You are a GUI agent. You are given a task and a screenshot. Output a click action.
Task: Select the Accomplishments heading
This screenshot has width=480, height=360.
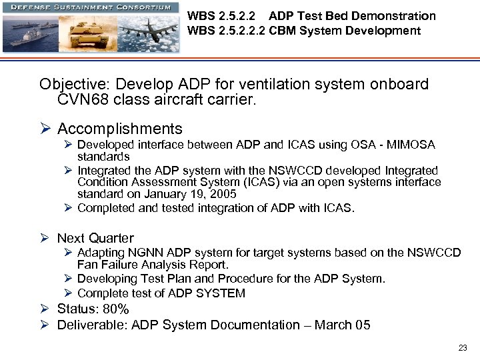119,129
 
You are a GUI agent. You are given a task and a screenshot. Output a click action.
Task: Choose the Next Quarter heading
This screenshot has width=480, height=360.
95,238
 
